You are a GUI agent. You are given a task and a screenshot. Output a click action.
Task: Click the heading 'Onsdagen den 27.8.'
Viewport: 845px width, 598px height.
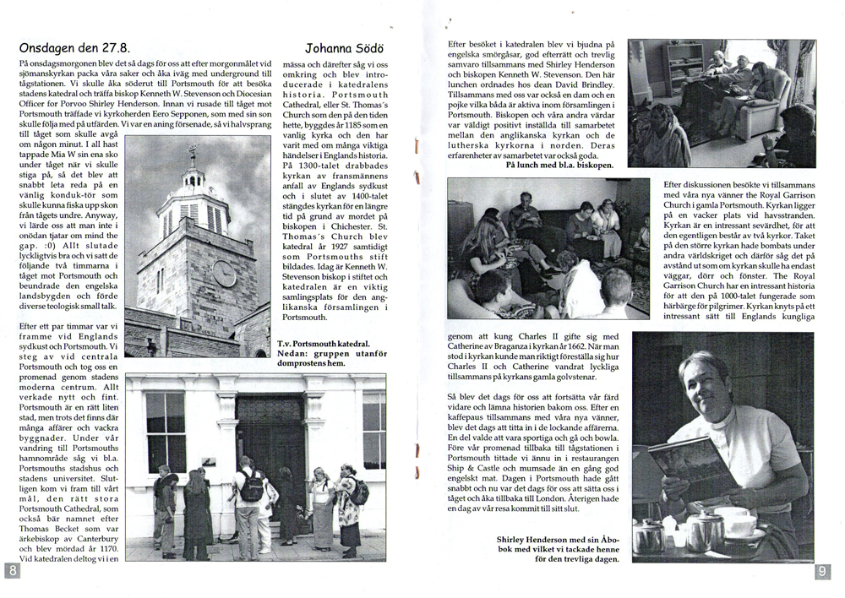pyautogui.click(x=74, y=47)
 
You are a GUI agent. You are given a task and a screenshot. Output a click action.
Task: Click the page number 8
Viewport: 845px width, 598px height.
pyautogui.click(x=13, y=572)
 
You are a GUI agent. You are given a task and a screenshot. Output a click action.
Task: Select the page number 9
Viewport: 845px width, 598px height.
pyautogui.click(x=823, y=572)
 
